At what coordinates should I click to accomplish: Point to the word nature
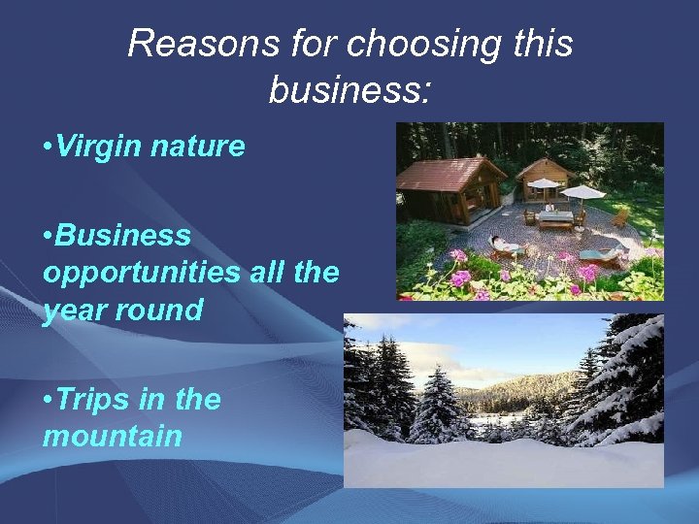(x=202, y=147)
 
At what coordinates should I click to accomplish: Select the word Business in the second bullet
(x=122, y=235)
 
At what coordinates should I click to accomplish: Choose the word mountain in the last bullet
(x=112, y=436)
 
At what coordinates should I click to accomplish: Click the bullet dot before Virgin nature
(x=48, y=147)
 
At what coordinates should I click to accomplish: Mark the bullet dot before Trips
(x=48, y=400)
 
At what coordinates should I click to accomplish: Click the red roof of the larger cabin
(x=449, y=174)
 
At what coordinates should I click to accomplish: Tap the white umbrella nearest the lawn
(x=583, y=192)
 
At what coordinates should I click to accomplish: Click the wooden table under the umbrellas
(x=556, y=217)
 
